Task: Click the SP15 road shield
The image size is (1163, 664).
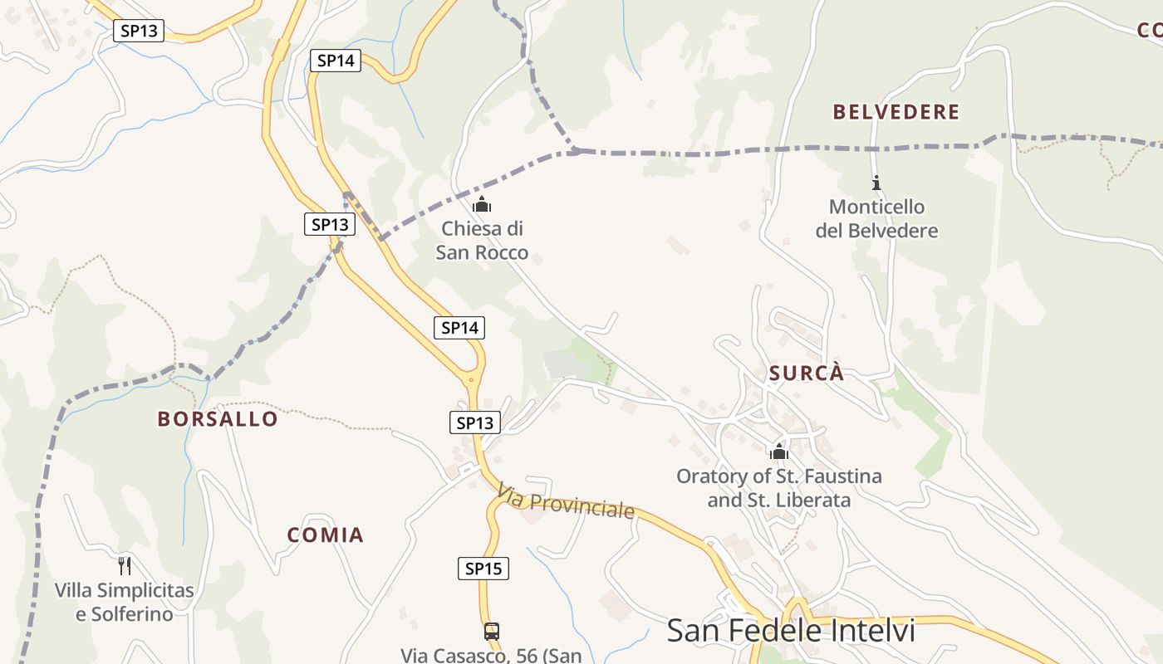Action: [x=483, y=569]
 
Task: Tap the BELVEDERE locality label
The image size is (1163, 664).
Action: [x=896, y=112]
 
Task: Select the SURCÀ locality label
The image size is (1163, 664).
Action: [x=806, y=373]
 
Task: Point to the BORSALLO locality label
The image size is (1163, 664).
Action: [x=218, y=419]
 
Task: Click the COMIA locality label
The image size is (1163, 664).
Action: [x=326, y=535]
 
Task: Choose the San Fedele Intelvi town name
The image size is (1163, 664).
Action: [x=791, y=631]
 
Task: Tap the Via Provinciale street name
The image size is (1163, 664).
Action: [x=566, y=503]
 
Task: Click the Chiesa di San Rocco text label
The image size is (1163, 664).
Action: [x=482, y=240]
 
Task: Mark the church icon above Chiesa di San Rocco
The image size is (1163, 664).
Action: [x=482, y=204]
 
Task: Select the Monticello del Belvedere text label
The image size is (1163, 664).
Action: [x=876, y=219]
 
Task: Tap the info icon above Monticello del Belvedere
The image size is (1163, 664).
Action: [x=876, y=183]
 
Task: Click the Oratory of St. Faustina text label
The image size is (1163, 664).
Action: [x=778, y=488]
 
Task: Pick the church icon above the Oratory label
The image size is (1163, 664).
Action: [x=779, y=452]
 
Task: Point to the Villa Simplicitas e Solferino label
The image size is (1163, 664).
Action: [x=125, y=603]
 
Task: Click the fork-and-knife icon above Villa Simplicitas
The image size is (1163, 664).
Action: [x=125, y=566]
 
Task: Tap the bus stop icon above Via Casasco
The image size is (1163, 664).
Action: [x=492, y=631]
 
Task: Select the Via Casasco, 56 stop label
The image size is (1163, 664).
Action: [x=491, y=655]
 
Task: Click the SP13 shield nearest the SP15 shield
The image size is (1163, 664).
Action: [x=475, y=423]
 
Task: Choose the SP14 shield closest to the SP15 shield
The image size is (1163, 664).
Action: [x=459, y=328]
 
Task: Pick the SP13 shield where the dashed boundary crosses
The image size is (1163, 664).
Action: [x=330, y=224]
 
